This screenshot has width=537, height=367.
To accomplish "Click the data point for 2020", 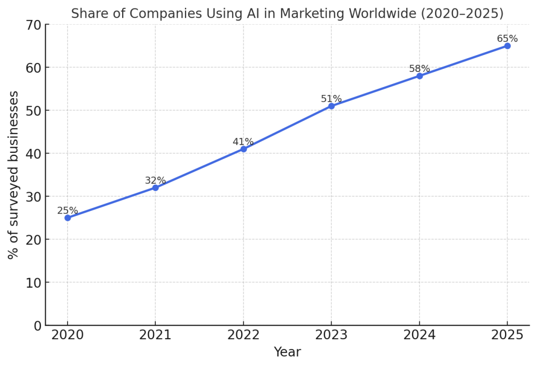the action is point(68,218).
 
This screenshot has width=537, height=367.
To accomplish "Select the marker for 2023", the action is point(331,106).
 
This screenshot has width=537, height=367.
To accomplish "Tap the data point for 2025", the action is point(507,46).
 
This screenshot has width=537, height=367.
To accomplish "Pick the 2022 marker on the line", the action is point(243,149).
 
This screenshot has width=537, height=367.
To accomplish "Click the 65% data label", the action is point(507,38).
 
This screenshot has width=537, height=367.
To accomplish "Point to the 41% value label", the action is point(243,142).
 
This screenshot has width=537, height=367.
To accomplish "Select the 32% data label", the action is point(155,181).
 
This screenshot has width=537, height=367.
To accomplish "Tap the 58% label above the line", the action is point(420,69).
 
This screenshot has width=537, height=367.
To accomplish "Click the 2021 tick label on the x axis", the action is point(155,335).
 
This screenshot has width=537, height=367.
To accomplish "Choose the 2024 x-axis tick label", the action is point(420,335).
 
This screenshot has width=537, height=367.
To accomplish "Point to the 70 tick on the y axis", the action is point(33,25).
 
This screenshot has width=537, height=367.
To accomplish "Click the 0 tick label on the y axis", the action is point(38,326).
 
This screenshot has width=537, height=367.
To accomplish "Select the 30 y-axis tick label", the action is point(33,197).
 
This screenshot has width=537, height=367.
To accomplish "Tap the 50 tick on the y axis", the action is point(33,111).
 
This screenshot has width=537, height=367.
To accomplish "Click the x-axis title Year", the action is point(287,352).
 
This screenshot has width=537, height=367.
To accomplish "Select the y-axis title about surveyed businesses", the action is point(13,175).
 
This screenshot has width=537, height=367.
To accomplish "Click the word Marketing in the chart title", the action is point(312,14).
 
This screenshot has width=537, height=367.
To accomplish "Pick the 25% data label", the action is point(68,211).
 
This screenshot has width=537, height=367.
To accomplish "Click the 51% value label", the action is point(331,99).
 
